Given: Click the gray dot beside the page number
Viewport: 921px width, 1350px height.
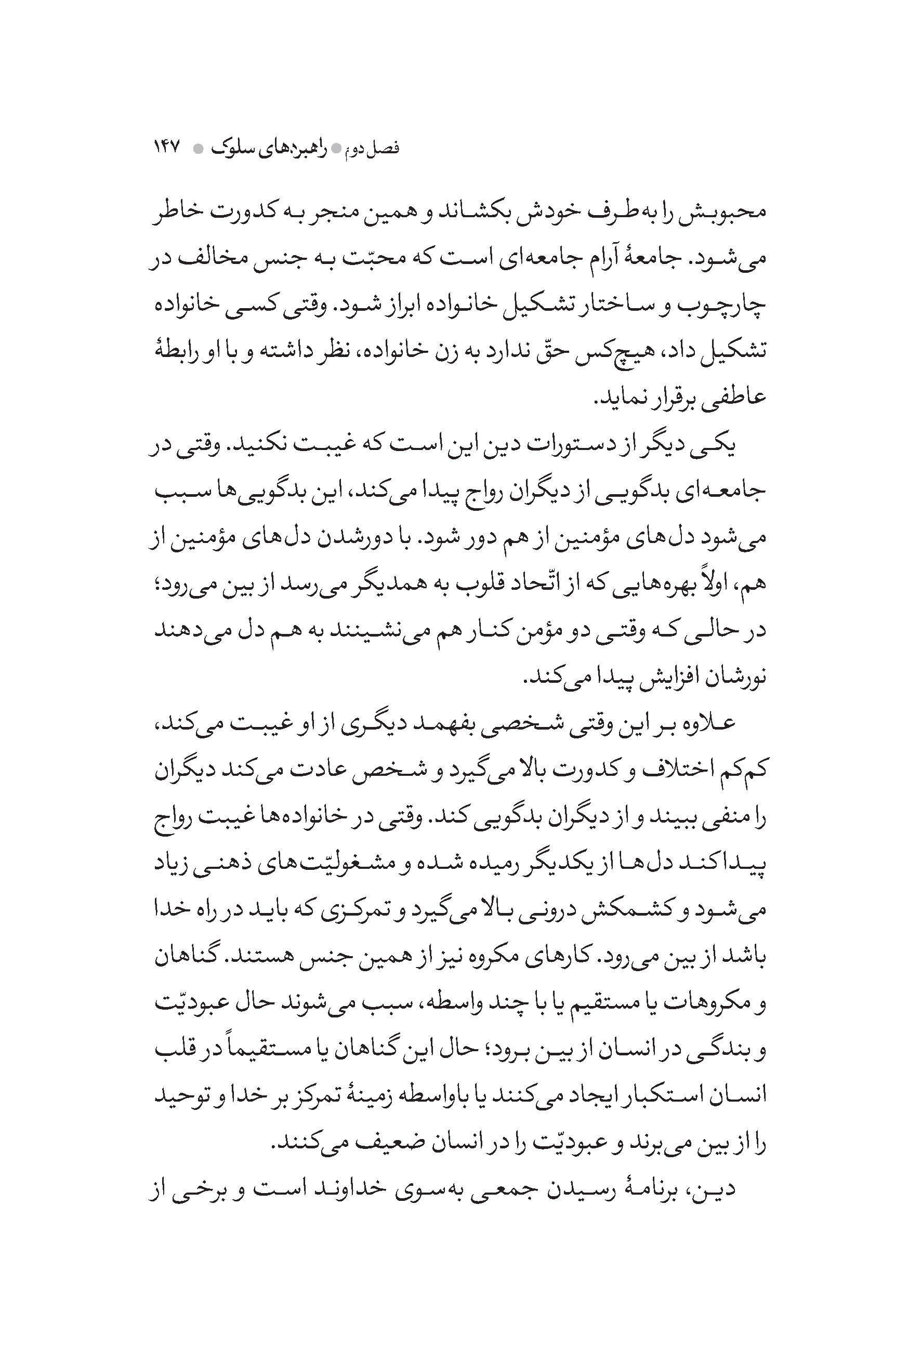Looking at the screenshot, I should pyautogui.click(x=199, y=149).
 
